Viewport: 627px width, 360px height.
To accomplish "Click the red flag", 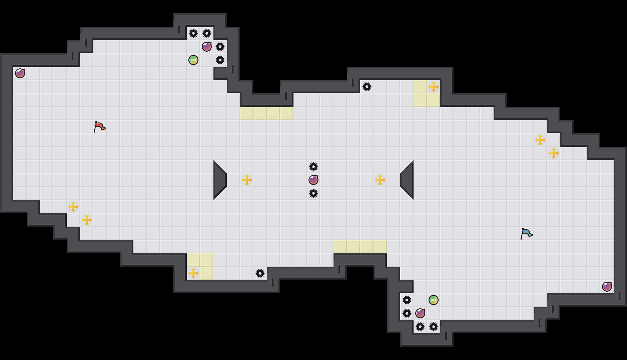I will [99, 127].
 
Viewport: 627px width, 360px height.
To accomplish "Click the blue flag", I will [526, 233].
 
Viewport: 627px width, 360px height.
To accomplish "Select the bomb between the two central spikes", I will [313, 180].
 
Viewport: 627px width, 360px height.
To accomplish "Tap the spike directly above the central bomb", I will [313, 167].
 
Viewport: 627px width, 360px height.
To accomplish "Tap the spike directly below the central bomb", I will [313, 193].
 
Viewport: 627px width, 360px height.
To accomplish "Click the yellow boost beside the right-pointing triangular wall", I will [247, 180].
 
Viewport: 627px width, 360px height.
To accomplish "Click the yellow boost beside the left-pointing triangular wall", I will [380, 180].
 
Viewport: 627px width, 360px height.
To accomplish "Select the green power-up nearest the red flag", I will [193, 60].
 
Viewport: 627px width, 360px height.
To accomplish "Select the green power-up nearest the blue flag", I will [434, 300].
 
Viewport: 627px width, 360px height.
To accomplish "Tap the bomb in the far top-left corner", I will [20, 73].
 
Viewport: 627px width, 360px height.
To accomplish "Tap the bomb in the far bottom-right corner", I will [607, 287].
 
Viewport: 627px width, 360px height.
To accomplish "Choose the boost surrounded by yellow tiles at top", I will [434, 87].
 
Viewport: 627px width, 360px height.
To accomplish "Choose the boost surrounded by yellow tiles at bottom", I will [193, 273].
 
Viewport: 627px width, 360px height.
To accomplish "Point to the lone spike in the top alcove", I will [367, 87].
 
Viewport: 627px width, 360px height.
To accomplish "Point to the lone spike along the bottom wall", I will [260, 273].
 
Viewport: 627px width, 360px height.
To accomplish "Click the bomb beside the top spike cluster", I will [207, 47].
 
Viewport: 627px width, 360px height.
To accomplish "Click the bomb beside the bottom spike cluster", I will [420, 313].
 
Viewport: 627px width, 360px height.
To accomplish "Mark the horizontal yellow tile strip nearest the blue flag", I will [360, 247].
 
